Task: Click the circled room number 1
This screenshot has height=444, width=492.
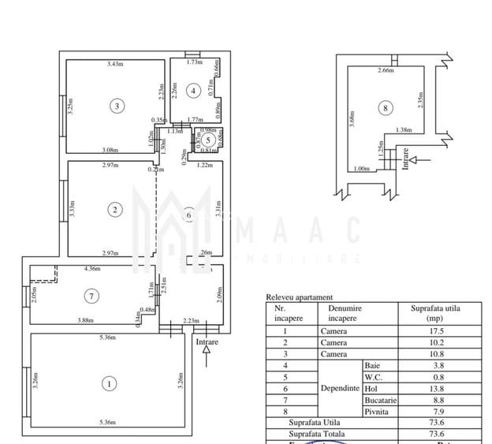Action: click(108, 384)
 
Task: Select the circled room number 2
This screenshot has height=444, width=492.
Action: click(115, 209)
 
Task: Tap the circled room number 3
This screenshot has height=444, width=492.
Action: click(117, 105)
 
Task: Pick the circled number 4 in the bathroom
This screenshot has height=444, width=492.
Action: click(192, 91)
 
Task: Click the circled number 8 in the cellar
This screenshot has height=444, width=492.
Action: click(385, 108)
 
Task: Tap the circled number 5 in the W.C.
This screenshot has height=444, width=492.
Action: click(207, 140)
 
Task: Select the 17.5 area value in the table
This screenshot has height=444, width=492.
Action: click(429, 331)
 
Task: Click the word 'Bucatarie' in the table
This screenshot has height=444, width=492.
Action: click(380, 400)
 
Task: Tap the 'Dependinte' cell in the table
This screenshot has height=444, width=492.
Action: click(340, 388)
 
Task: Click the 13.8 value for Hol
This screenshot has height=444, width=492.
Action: click(429, 388)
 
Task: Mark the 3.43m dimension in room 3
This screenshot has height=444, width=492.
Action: click(117, 64)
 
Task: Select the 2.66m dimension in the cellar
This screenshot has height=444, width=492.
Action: click(385, 72)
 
